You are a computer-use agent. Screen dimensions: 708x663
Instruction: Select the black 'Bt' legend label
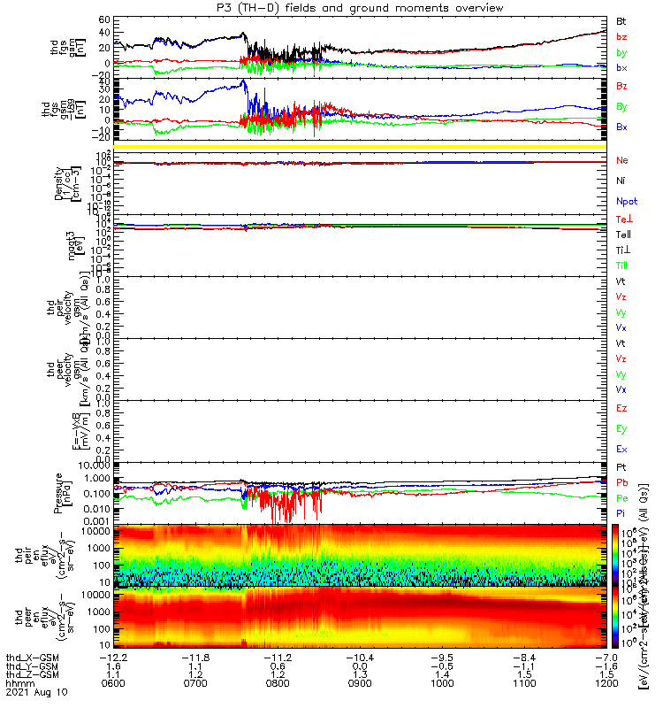point(621,19)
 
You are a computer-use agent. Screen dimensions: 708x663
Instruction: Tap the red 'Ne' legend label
point(622,160)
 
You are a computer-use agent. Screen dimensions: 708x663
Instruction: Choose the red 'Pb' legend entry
point(622,482)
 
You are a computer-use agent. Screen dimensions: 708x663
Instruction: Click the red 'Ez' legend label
point(621,408)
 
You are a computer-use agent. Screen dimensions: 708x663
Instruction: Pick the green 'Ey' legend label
point(621,428)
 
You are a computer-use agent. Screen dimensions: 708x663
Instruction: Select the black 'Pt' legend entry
point(621,466)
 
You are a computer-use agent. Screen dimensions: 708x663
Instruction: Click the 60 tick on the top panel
point(103,19)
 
